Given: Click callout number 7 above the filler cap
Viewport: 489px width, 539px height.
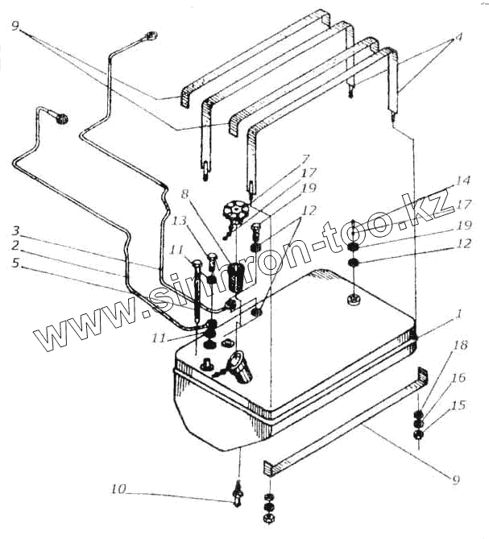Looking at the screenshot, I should click(307, 159).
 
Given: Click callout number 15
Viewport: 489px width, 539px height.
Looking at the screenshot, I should click(458, 405).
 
